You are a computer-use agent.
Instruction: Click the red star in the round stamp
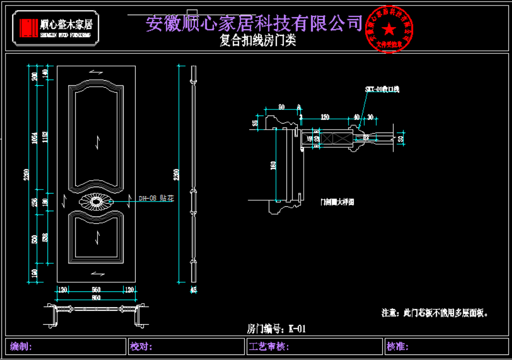point(389,28)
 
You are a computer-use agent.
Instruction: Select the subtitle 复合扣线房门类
point(258,41)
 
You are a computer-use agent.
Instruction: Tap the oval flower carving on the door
point(95,202)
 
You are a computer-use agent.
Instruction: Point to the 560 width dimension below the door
point(96,289)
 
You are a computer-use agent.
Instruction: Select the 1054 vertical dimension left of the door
point(35,139)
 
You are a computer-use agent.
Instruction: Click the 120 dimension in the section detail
point(325,117)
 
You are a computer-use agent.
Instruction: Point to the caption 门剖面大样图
point(337,202)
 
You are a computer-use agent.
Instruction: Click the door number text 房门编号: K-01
point(276,329)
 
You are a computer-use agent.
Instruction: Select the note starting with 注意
point(435,313)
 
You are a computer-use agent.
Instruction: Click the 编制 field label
point(21,347)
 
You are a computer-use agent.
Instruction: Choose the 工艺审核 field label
point(268,347)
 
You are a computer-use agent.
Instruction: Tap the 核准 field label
point(397,347)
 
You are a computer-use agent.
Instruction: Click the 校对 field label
point(141,347)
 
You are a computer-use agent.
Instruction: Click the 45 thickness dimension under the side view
point(193,289)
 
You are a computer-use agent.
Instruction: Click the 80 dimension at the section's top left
point(281,107)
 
